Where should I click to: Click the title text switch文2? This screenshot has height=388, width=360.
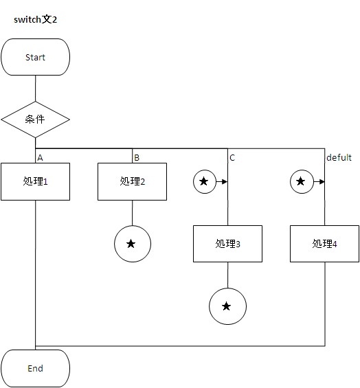(x=35, y=19)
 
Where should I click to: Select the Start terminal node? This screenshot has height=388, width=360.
(x=35, y=57)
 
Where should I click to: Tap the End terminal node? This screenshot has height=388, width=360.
(x=35, y=368)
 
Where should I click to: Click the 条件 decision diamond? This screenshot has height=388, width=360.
(x=35, y=119)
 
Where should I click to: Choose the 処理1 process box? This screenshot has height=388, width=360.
(x=35, y=181)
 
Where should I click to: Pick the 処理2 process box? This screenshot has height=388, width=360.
(x=132, y=181)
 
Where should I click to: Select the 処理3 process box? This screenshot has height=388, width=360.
(x=227, y=243)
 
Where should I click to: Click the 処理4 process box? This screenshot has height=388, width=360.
(x=324, y=243)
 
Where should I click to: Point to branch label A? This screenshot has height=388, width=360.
(x=40, y=157)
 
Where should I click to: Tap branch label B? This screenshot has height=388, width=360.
(x=137, y=157)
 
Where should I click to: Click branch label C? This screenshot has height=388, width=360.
(x=232, y=157)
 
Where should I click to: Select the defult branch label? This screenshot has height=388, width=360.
(x=339, y=157)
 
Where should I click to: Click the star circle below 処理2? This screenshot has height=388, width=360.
(x=132, y=244)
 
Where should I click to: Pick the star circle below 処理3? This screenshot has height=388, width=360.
(x=227, y=306)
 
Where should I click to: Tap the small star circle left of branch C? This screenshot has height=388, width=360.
(x=204, y=181)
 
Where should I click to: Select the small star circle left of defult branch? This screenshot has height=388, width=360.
(x=300, y=181)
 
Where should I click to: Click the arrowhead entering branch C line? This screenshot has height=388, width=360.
(x=225, y=181)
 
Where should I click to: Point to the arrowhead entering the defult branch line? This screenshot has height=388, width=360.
(x=322, y=181)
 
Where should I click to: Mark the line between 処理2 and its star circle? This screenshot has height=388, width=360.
(x=132, y=212)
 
